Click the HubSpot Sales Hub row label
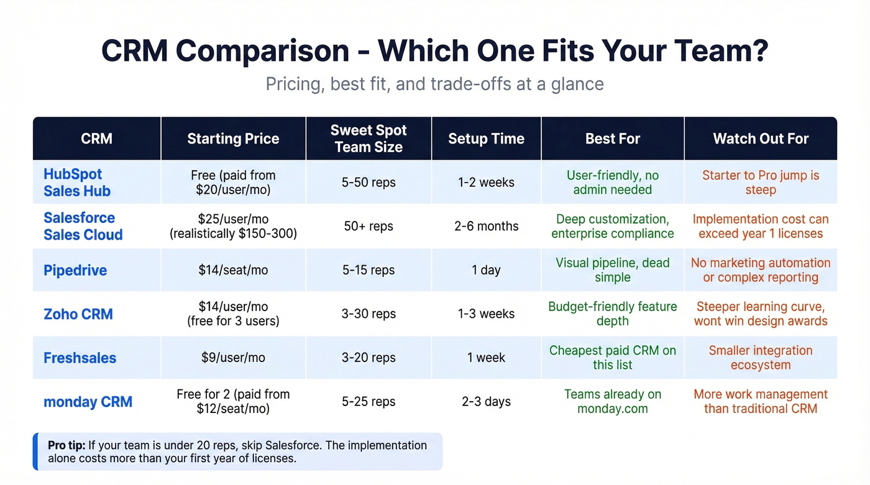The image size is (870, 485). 76,183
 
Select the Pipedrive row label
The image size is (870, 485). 75,270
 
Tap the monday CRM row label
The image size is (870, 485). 88,402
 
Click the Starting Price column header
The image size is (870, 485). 233,138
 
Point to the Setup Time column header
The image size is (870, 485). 486,138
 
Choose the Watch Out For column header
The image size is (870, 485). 761,138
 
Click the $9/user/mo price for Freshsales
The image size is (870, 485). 233,358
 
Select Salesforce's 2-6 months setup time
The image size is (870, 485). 486,226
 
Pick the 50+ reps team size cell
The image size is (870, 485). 369,226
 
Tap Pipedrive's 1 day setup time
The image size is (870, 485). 486,270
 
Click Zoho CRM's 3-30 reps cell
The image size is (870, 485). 369,314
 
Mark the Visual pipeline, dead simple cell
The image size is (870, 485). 612,270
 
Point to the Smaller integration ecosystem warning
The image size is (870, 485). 761,358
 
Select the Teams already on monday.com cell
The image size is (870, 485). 612,402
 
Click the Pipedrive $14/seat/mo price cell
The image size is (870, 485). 233,270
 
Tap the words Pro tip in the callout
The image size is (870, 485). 66,445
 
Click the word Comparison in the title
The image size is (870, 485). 262,51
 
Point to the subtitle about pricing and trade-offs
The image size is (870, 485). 434,83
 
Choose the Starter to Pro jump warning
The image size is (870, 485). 761,183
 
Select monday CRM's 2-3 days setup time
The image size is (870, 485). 486,402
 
